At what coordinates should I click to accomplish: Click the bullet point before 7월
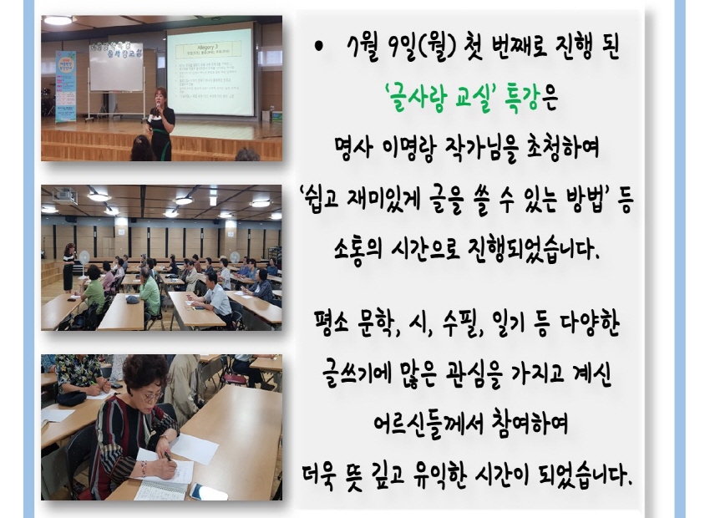click(319, 46)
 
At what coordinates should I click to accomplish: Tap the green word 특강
click(522, 99)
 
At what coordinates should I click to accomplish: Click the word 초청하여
click(563, 148)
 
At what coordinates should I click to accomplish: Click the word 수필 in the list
click(459, 324)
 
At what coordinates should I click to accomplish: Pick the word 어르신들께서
click(426, 424)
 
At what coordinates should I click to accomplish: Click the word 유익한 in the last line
click(439, 476)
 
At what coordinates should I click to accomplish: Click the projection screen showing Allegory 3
click(210, 71)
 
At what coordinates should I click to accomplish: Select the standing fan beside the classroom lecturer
click(84, 262)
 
